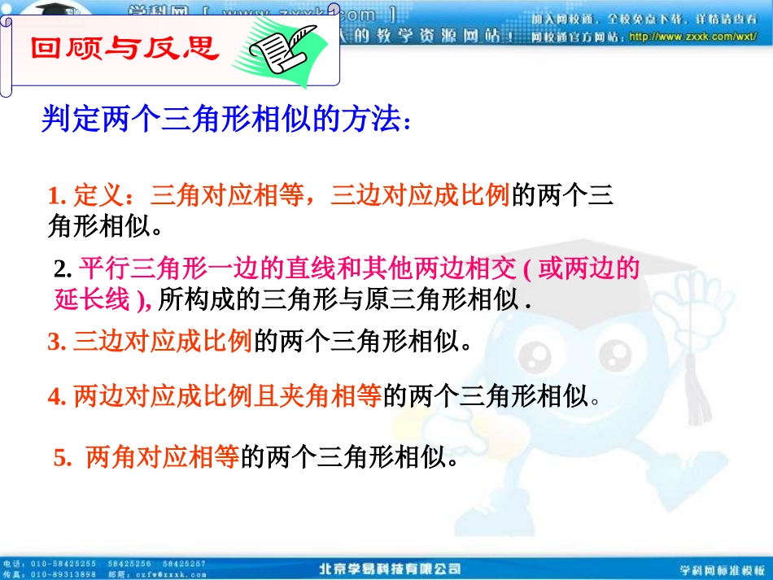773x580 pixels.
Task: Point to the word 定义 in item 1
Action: click(x=98, y=196)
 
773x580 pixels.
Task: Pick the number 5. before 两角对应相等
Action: click(x=63, y=459)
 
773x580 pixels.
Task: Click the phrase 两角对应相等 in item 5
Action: click(x=161, y=458)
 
